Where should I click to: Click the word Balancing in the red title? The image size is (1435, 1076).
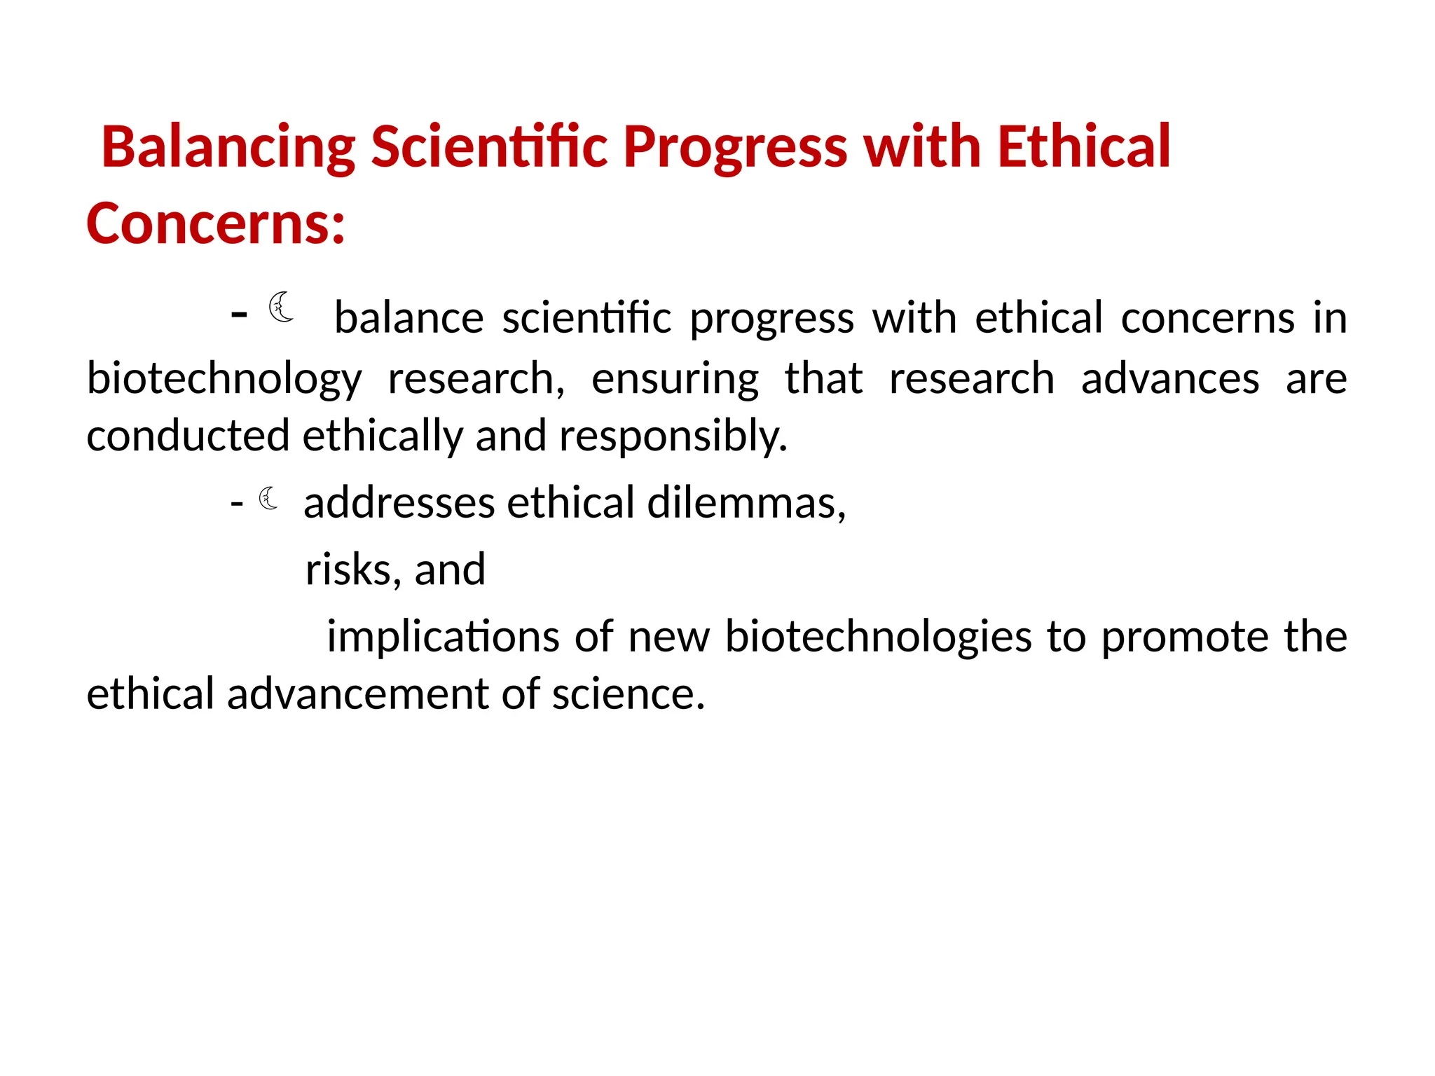coord(228,147)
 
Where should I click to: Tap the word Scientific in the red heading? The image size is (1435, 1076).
coord(488,147)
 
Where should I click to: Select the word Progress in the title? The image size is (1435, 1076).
coord(735,147)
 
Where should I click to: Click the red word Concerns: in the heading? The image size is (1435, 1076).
coord(216,223)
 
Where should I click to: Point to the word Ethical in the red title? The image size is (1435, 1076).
coord(1083,147)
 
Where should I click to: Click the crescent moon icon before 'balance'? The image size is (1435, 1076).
coord(282,308)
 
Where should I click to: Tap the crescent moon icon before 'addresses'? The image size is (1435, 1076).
coord(268,499)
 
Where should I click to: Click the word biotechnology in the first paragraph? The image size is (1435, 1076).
coord(224,379)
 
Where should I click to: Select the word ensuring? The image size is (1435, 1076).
coord(675,379)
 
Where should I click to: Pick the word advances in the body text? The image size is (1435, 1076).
coord(1169,379)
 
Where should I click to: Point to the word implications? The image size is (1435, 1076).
coord(443,637)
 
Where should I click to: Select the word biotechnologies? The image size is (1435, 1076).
coord(878,637)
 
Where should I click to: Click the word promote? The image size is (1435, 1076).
coord(1184,637)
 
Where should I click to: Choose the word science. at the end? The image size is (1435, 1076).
coord(628,694)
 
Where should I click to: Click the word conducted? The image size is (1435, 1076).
coord(188,436)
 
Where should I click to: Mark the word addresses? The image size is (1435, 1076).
coord(399,503)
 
